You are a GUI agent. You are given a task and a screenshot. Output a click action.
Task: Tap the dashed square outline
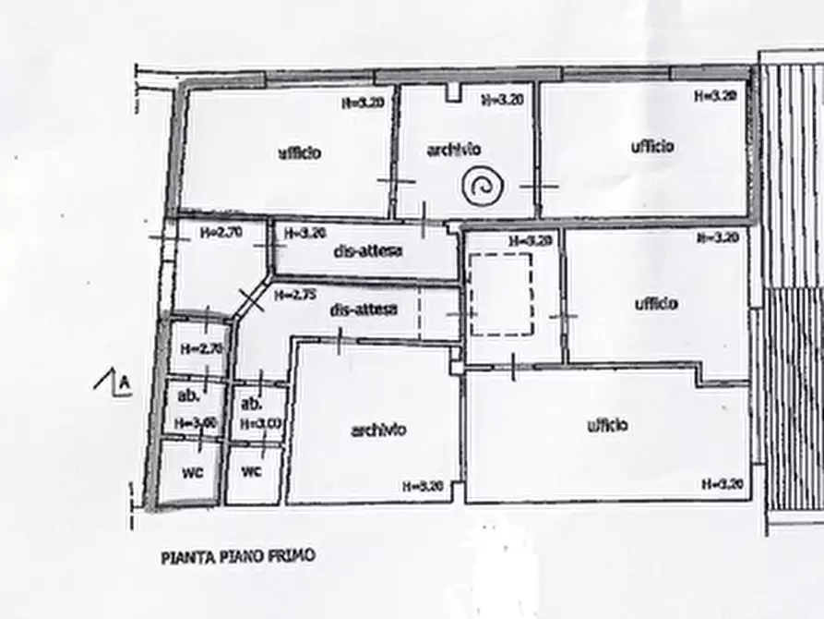coord(501,295)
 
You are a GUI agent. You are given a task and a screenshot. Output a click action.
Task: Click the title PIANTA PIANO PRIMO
coord(238,557)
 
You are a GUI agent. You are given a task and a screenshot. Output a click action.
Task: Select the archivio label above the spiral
coord(453,149)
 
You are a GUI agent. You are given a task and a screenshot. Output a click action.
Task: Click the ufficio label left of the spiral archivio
coord(300,152)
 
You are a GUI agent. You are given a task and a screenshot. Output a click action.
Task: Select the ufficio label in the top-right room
coord(652,146)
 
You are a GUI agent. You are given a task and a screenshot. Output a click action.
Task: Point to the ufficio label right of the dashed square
coord(657,303)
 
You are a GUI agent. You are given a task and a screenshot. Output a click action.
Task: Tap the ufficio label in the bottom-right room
coord(607,425)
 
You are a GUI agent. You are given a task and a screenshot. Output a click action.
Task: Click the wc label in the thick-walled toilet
coord(192,470)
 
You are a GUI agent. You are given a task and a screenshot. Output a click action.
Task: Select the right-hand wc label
coord(251,470)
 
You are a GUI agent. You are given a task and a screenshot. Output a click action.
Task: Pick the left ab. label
coord(188,396)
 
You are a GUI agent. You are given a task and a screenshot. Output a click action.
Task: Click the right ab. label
coord(250,404)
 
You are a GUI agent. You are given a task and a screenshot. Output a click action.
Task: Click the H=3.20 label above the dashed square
coord(530,240)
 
